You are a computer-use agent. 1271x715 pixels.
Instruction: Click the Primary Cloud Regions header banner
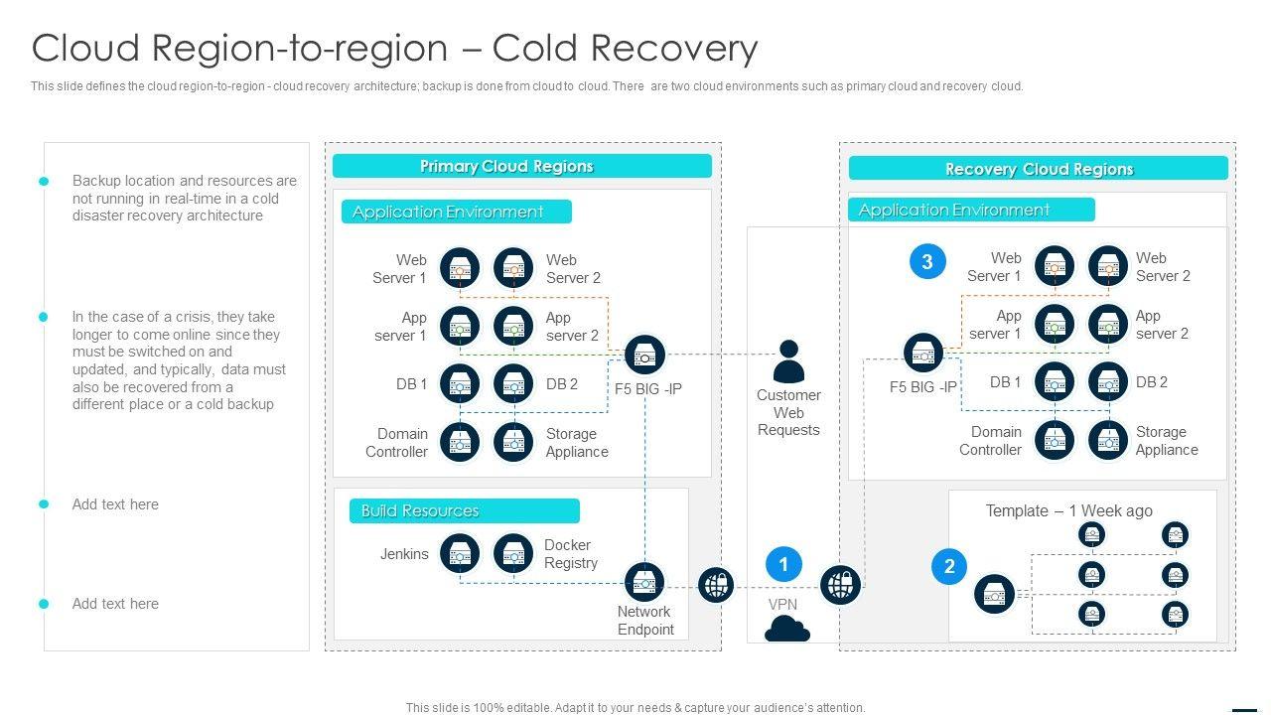(521, 167)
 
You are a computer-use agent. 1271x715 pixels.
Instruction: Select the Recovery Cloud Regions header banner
(1038, 169)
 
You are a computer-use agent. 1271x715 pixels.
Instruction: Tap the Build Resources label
(464, 511)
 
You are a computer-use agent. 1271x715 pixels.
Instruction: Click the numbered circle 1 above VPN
(783, 565)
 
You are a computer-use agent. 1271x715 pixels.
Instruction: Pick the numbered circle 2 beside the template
(949, 567)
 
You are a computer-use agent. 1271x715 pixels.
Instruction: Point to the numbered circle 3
(927, 262)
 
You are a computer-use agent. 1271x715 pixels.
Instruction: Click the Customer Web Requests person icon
(788, 361)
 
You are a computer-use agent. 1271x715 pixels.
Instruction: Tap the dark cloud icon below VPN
(787, 629)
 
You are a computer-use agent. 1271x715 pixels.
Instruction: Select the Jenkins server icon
(460, 554)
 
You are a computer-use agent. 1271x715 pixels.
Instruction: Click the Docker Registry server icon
(513, 554)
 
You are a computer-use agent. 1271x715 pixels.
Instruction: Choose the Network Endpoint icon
(643, 583)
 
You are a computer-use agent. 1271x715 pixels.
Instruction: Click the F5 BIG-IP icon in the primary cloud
(645, 355)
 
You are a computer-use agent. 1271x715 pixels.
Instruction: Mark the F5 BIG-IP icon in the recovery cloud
(923, 353)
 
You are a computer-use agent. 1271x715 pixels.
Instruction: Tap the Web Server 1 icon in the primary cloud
(460, 268)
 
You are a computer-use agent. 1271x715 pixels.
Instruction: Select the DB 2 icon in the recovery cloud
(1108, 382)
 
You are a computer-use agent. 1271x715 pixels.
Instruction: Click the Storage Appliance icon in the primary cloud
(513, 443)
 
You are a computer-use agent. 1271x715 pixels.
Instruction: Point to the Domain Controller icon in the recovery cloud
(1055, 441)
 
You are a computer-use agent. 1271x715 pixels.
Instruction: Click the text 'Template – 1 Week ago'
(1068, 511)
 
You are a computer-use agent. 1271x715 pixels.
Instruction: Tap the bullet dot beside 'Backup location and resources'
(44, 182)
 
